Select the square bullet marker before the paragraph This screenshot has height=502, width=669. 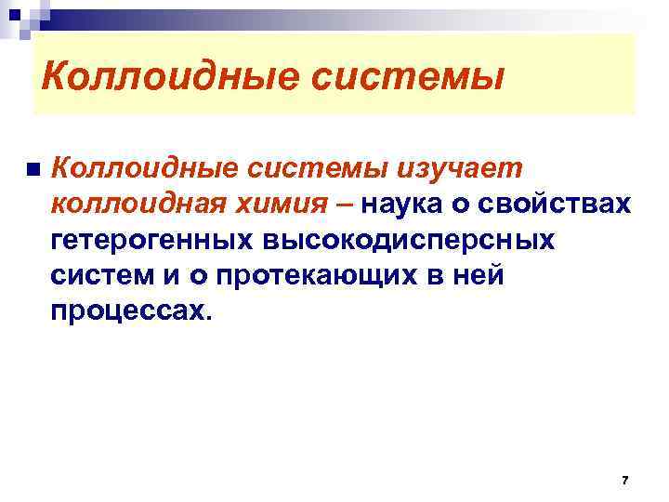33,170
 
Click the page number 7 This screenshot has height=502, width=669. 624,480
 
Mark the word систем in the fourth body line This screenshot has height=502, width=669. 105,274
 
